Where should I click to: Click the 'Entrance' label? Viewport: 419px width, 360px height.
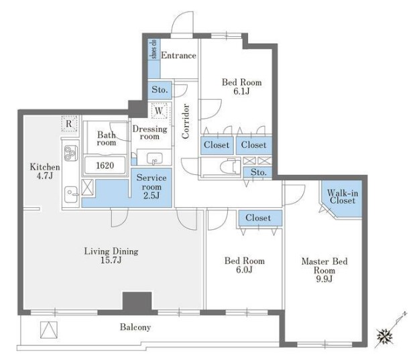178,56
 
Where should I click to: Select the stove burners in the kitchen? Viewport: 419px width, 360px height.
71,153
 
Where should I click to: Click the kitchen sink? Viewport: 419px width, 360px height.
71,194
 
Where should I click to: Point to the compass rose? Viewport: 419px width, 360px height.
385,337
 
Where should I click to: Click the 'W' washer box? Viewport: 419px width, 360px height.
159,111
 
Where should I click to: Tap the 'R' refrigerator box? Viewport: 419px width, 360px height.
69,123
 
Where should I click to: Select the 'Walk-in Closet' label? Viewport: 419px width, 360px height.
343,196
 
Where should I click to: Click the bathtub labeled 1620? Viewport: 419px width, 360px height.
105,166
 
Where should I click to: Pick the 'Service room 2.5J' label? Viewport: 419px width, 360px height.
152,186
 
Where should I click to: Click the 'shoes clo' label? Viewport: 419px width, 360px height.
154,49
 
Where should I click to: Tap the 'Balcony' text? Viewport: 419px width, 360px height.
135,327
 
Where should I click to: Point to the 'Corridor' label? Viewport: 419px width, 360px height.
186,121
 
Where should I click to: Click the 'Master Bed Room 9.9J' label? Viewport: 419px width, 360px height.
324,269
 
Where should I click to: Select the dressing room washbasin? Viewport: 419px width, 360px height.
154,158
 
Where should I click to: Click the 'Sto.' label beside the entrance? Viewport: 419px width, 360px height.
160,90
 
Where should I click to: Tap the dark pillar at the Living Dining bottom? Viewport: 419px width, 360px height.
137,302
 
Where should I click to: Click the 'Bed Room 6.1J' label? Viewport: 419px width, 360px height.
242,86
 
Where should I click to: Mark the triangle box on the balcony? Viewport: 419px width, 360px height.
49,330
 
